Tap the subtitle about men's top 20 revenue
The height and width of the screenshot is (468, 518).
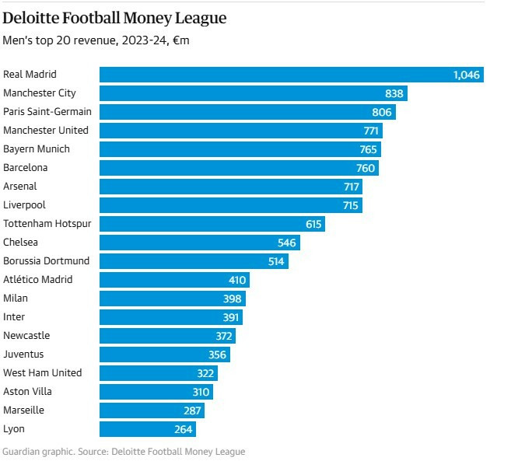(x=96, y=40)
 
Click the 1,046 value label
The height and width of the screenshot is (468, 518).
(x=467, y=75)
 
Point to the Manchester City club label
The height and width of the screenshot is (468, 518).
(x=40, y=93)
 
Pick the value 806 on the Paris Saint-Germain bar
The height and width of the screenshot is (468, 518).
(x=383, y=112)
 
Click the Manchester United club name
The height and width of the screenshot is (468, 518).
(x=46, y=131)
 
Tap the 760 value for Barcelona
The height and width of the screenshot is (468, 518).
(x=366, y=168)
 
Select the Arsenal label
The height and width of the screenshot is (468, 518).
(x=20, y=187)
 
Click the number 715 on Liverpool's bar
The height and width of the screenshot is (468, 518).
(x=350, y=205)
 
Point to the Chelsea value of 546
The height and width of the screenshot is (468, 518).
(x=287, y=243)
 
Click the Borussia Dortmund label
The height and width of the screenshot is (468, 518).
(x=47, y=261)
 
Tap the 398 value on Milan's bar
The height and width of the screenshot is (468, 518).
(x=233, y=299)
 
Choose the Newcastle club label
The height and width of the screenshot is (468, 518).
(x=26, y=336)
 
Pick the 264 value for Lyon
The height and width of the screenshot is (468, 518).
(x=184, y=429)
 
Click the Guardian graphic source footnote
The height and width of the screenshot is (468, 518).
(x=124, y=452)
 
